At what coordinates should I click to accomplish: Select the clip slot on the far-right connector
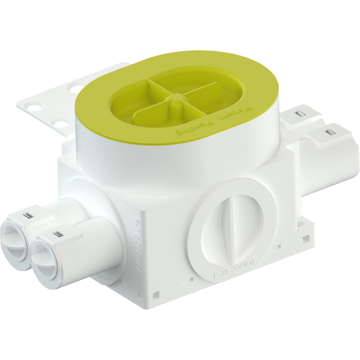[330, 132]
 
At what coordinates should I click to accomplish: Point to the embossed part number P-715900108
[234, 269]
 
